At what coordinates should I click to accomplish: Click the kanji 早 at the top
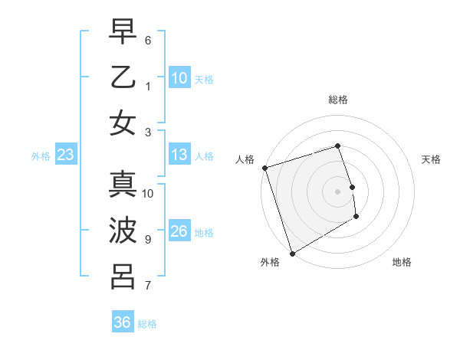[x=123, y=31]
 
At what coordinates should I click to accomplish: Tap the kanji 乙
[x=123, y=77]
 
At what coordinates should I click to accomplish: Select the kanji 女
[x=123, y=123]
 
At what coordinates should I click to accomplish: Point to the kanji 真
[x=123, y=185]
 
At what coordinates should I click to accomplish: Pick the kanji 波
[x=123, y=231]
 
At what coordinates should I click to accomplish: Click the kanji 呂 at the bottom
[x=123, y=277]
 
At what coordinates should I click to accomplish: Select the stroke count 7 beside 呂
[x=148, y=286]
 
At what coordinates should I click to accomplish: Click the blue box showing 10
[x=179, y=78]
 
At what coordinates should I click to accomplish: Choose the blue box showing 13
[x=179, y=155]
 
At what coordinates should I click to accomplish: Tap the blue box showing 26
[x=179, y=231]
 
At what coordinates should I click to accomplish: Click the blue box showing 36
[x=123, y=322]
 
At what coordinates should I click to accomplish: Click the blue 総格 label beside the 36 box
[x=147, y=324]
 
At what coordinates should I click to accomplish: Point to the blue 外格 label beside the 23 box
[x=41, y=156]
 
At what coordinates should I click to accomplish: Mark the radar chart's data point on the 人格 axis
[x=264, y=168]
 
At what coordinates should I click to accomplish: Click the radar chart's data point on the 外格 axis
[x=292, y=253]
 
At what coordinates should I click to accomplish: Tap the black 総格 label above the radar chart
[x=338, y=100]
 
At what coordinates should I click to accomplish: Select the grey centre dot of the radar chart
[x=338, y=191]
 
